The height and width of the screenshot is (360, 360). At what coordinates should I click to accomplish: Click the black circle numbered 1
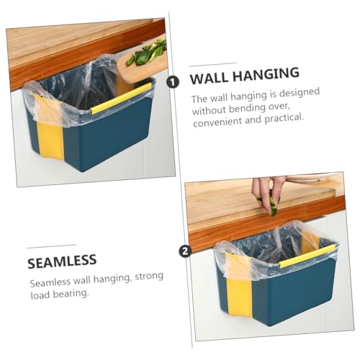[x=173, y=82]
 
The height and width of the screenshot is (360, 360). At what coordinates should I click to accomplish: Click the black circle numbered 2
[x=185, y=251]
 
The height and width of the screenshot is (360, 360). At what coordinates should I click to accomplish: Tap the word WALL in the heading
[x=209, y=78]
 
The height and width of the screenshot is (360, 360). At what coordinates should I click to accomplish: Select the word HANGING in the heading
[x=266, y=73]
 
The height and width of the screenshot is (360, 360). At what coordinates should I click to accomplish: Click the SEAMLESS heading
[x=62, y=261]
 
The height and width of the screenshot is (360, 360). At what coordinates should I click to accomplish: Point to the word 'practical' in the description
[x=284, y=118]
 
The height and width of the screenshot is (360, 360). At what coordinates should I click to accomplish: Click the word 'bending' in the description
[x=247, y=109]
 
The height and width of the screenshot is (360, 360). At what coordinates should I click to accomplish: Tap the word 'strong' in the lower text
[x=149, y=277]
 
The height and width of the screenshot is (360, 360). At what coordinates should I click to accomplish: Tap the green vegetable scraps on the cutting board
[x=147, y=53]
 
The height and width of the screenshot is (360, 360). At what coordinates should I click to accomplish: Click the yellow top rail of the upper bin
[x=122, y=98]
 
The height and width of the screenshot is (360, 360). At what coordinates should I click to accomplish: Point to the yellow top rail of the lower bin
[x=307, y=256]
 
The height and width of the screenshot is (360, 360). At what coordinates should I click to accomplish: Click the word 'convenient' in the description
[x=217, y=122]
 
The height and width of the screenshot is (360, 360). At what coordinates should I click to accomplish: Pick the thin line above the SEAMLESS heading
[x=52, y=246]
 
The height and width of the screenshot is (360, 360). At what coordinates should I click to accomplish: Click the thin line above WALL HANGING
[x=212, y=65]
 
